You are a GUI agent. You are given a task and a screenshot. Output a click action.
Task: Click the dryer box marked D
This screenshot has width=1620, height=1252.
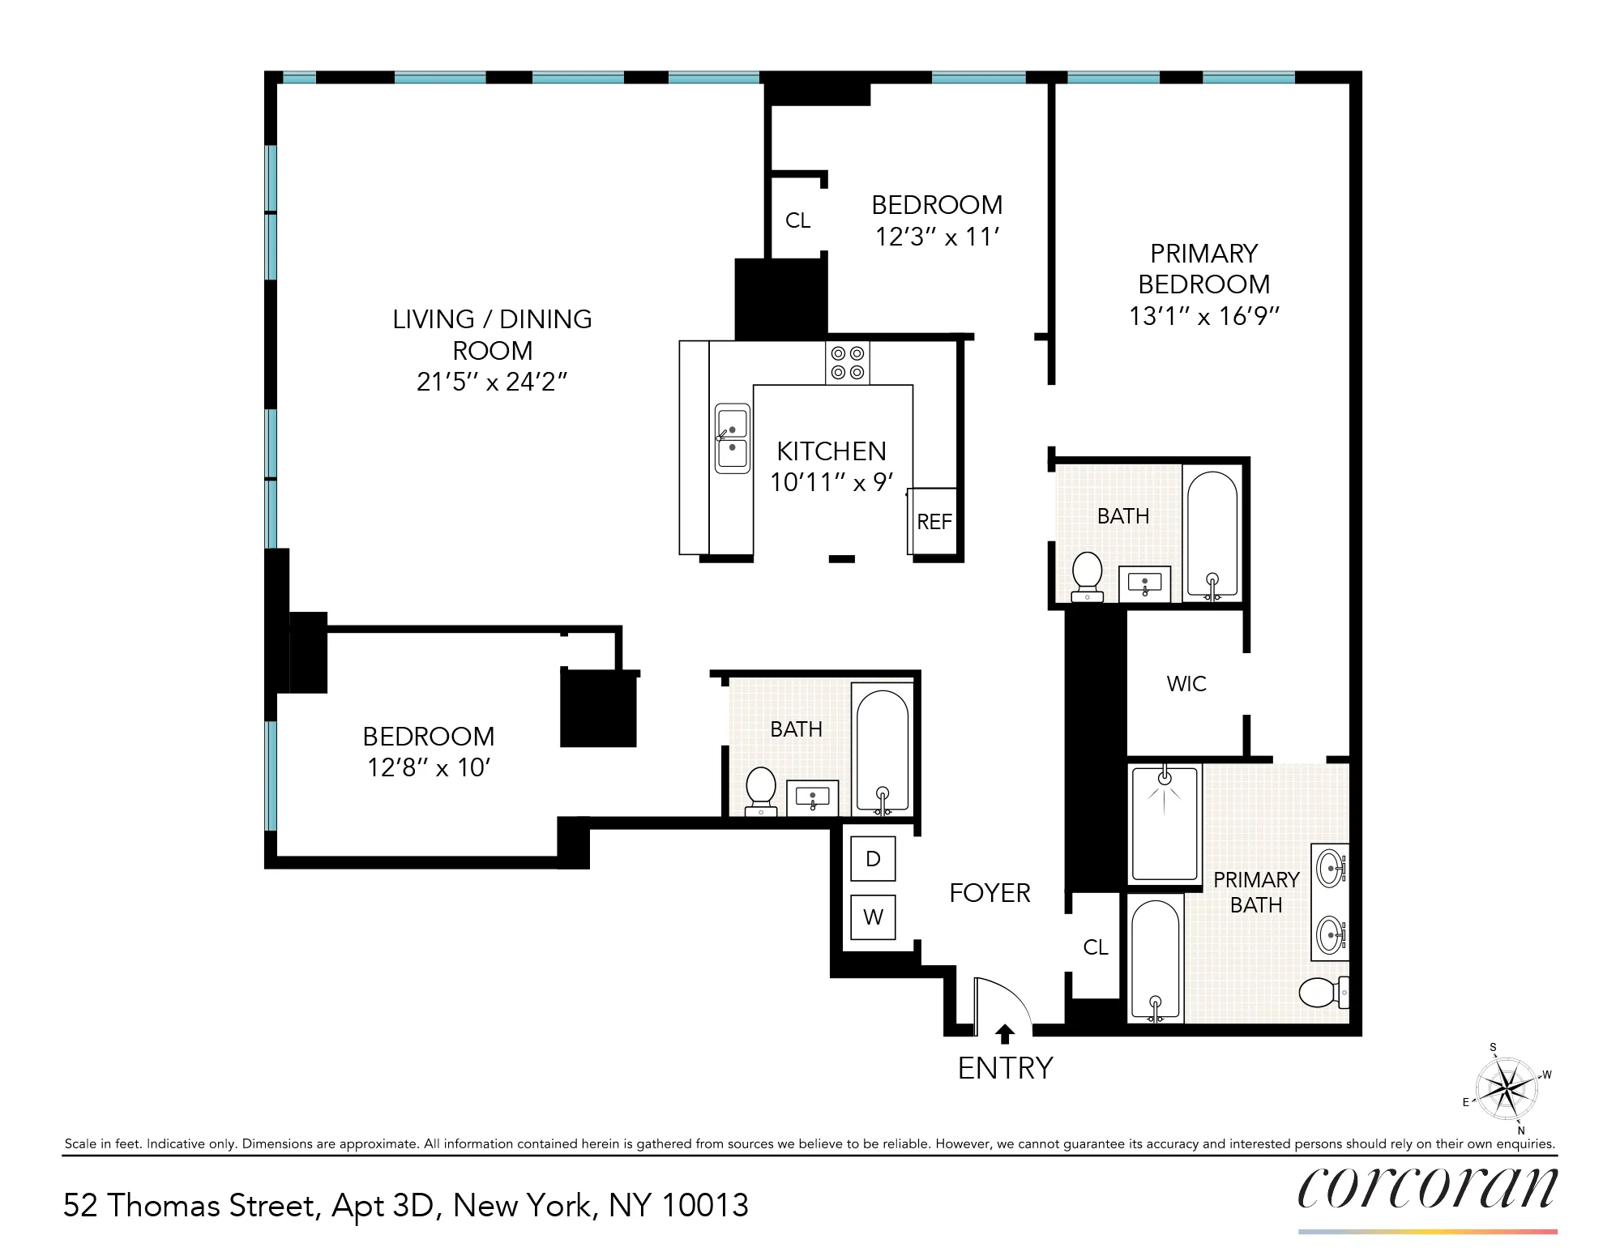873,859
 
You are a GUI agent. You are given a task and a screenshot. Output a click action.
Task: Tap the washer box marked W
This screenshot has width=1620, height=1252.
873,917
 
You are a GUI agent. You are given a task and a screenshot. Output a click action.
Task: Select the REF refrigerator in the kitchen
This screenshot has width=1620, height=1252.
934,521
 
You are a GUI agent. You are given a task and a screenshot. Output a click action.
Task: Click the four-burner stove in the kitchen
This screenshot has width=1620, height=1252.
847,363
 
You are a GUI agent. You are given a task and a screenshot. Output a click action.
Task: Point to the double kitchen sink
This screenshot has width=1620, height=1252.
732,438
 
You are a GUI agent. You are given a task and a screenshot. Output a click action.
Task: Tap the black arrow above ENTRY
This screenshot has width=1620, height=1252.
1005,1034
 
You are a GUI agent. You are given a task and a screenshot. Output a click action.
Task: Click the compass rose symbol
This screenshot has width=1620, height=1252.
1506,1089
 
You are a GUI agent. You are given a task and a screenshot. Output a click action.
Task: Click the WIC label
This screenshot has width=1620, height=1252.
1186,684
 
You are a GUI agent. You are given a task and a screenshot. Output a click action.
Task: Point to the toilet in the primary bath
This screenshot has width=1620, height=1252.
1322,992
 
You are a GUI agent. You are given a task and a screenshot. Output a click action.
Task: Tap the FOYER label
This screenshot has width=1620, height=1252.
990,893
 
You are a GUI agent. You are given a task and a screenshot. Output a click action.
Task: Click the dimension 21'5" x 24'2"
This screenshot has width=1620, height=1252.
492,382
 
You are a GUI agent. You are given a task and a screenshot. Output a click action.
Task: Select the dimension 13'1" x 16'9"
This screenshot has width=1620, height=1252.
1203,316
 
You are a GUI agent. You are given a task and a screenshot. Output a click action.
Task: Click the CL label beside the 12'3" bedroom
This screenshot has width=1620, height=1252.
797,220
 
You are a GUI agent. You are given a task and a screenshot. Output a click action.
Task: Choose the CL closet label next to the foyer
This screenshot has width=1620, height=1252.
1096,947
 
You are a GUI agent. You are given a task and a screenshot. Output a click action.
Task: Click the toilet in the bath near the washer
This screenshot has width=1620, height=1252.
760,788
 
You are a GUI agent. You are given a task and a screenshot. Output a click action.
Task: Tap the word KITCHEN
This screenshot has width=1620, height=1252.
831,451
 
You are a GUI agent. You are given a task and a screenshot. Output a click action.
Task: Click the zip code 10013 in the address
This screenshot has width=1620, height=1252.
705,1206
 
